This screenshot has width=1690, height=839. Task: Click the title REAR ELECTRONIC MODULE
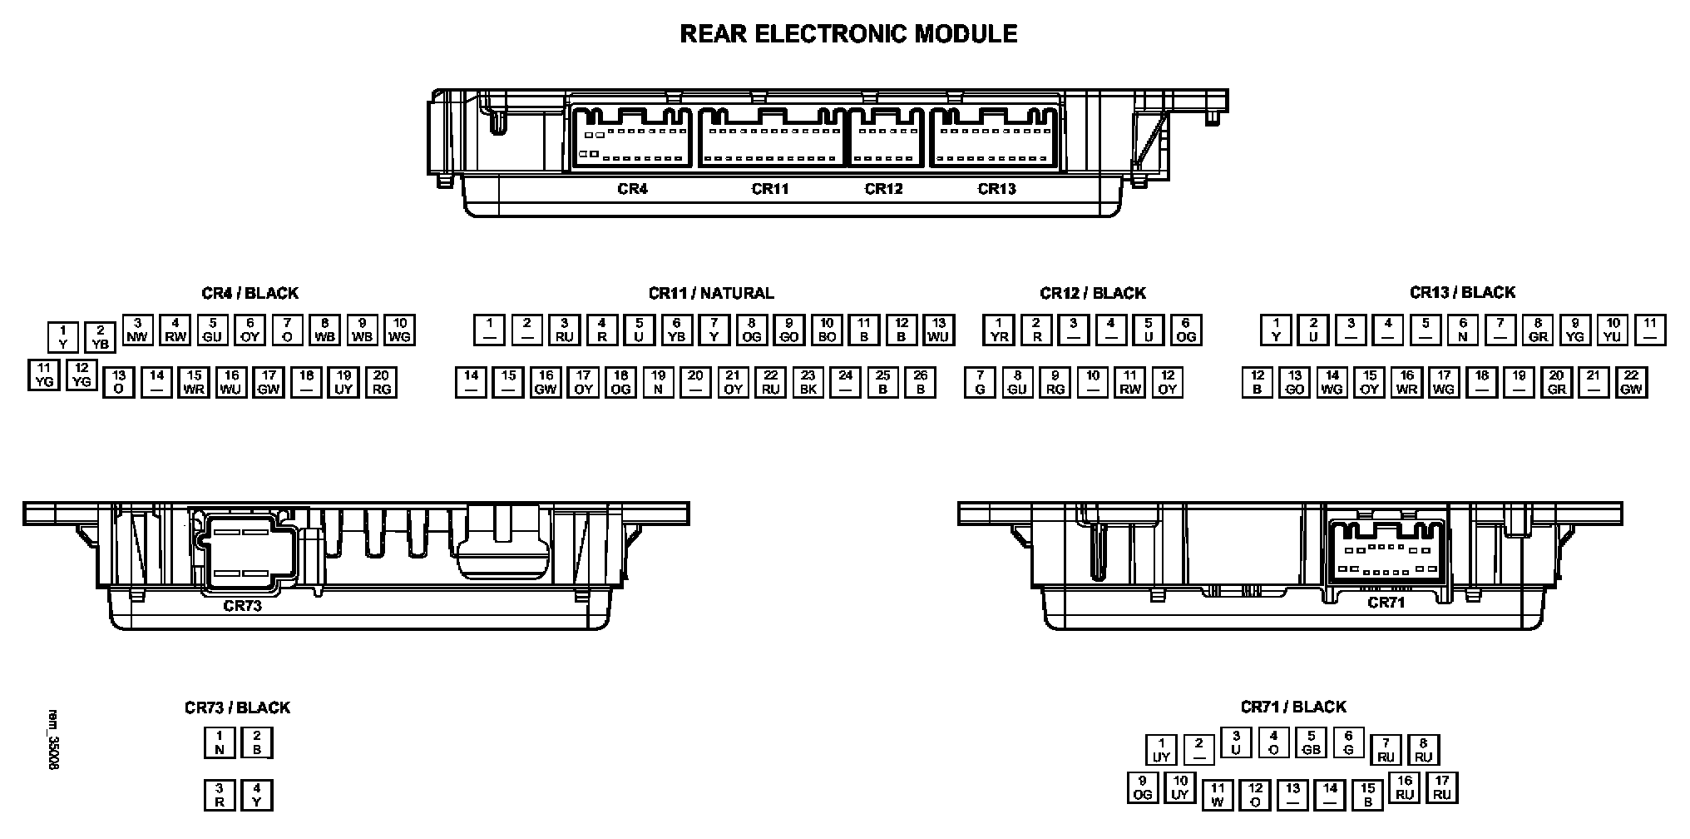(848, 34)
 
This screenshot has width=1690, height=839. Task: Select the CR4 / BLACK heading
(250, 293)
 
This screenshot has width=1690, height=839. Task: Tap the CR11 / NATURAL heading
(711, 293)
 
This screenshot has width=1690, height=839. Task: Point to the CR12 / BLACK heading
(1092, 293)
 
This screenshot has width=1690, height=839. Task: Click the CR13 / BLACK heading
(1462, 292)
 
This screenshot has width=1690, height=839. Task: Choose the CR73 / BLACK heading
(237, 707)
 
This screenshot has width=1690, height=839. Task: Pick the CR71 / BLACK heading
(1293, 707)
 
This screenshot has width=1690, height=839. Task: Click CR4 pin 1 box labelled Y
(63, 337)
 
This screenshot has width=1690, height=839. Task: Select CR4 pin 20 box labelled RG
(382, 383)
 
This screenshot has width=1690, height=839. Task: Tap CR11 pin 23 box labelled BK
(808, 383)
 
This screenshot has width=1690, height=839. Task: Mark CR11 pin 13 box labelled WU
(939, 330)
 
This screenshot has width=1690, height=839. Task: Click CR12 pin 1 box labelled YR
(999, 330)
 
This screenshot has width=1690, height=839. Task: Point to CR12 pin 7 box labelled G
(981, 383)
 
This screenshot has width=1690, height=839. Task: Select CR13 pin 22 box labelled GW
(1631, 383)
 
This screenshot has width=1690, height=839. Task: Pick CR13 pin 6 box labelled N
(1463, 330)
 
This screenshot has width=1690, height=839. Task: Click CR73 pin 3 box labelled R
(220, 795)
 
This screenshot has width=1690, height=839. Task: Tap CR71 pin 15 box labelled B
(1368, 795)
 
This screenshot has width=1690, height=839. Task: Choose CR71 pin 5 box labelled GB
(1311, 742)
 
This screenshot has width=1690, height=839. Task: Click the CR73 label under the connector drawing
(242, 606)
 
